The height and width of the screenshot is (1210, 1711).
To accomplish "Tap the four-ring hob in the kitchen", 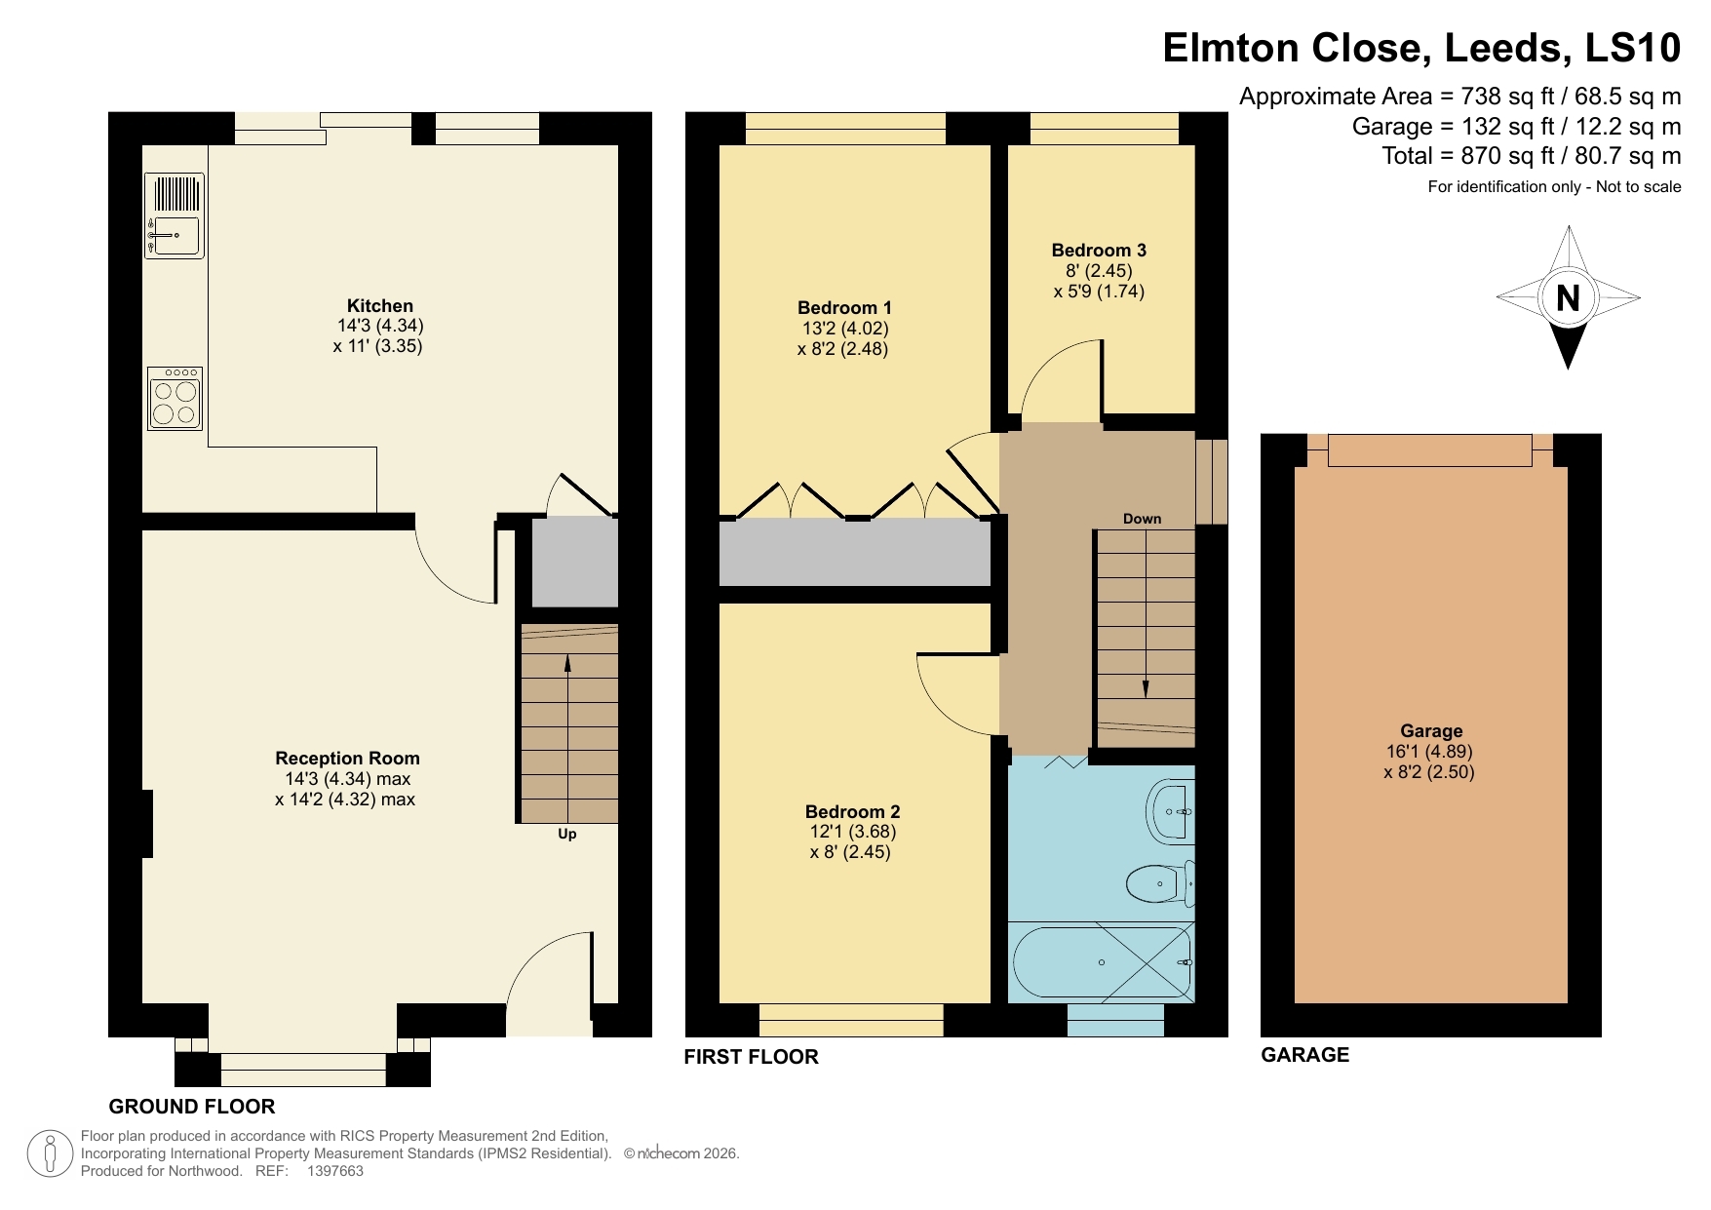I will click(x=175, y=398).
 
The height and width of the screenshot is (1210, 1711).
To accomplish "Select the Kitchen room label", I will click(x=379, y=306).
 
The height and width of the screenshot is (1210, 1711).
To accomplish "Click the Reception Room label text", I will click(x=347, y=759).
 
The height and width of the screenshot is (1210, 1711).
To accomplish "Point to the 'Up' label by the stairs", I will click(x=566, y=834).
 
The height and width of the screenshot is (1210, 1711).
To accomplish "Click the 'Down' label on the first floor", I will click(x=1142, y=519).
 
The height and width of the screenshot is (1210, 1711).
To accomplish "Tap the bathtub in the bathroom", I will click(x=1102, y=962).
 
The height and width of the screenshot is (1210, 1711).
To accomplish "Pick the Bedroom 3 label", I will click(x=1098, y=251).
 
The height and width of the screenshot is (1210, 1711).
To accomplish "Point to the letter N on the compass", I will click(x=1568, y=298).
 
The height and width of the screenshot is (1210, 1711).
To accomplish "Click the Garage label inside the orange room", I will click(x=1430, y=731).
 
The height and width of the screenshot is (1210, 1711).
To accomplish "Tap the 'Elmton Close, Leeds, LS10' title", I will click(x=1420, y=48).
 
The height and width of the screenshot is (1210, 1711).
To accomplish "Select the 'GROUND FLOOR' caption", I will click(x=192, y=1107).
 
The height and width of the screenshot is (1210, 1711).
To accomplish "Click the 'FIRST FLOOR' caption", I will click(x=751, y=1057).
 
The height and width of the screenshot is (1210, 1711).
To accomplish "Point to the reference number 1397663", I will click(x=334, y=1172).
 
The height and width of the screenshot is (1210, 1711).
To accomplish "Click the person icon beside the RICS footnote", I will click(x=50, y=1153).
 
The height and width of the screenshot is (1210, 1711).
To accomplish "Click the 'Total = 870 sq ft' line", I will click(x=1531, y=156).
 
